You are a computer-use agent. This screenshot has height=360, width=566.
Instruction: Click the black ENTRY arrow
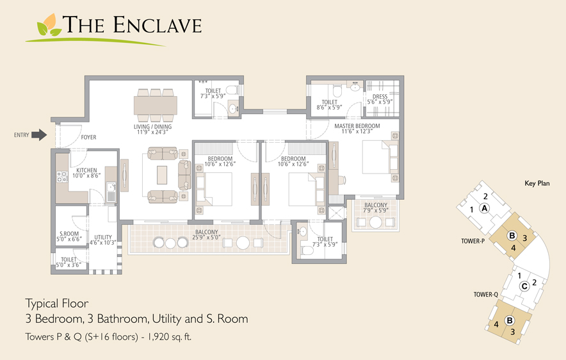point(39,135)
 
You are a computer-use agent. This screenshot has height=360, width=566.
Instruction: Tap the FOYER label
point(88,137)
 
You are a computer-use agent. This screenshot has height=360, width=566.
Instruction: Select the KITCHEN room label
point(86,170)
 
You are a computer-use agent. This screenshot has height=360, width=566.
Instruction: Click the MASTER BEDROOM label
point(357,126)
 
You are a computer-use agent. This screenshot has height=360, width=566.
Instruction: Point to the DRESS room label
point(380,97)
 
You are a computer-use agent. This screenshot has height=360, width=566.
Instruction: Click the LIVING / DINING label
point(152,127)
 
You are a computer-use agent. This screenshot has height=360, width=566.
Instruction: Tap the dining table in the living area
point(156,105)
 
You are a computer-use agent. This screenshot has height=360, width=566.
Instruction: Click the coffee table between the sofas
point(162,175)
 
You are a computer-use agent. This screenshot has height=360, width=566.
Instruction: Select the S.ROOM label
point(69,234)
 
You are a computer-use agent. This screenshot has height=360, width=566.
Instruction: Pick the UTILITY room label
point(103,237)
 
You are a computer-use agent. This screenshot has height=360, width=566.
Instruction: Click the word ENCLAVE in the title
point(157,25)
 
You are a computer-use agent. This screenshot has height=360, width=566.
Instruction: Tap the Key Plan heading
point(537,183)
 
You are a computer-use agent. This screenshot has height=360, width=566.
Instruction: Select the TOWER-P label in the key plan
point(473,241)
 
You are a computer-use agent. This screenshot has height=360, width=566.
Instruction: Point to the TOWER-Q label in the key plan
point(485,295)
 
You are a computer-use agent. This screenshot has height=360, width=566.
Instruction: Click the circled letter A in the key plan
point(485,208)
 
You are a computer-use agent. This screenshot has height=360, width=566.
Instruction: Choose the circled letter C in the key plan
point(524,286)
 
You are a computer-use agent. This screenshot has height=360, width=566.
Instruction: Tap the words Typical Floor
point(57,304)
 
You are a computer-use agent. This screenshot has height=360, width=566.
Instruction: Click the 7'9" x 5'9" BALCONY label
point(376,208)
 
